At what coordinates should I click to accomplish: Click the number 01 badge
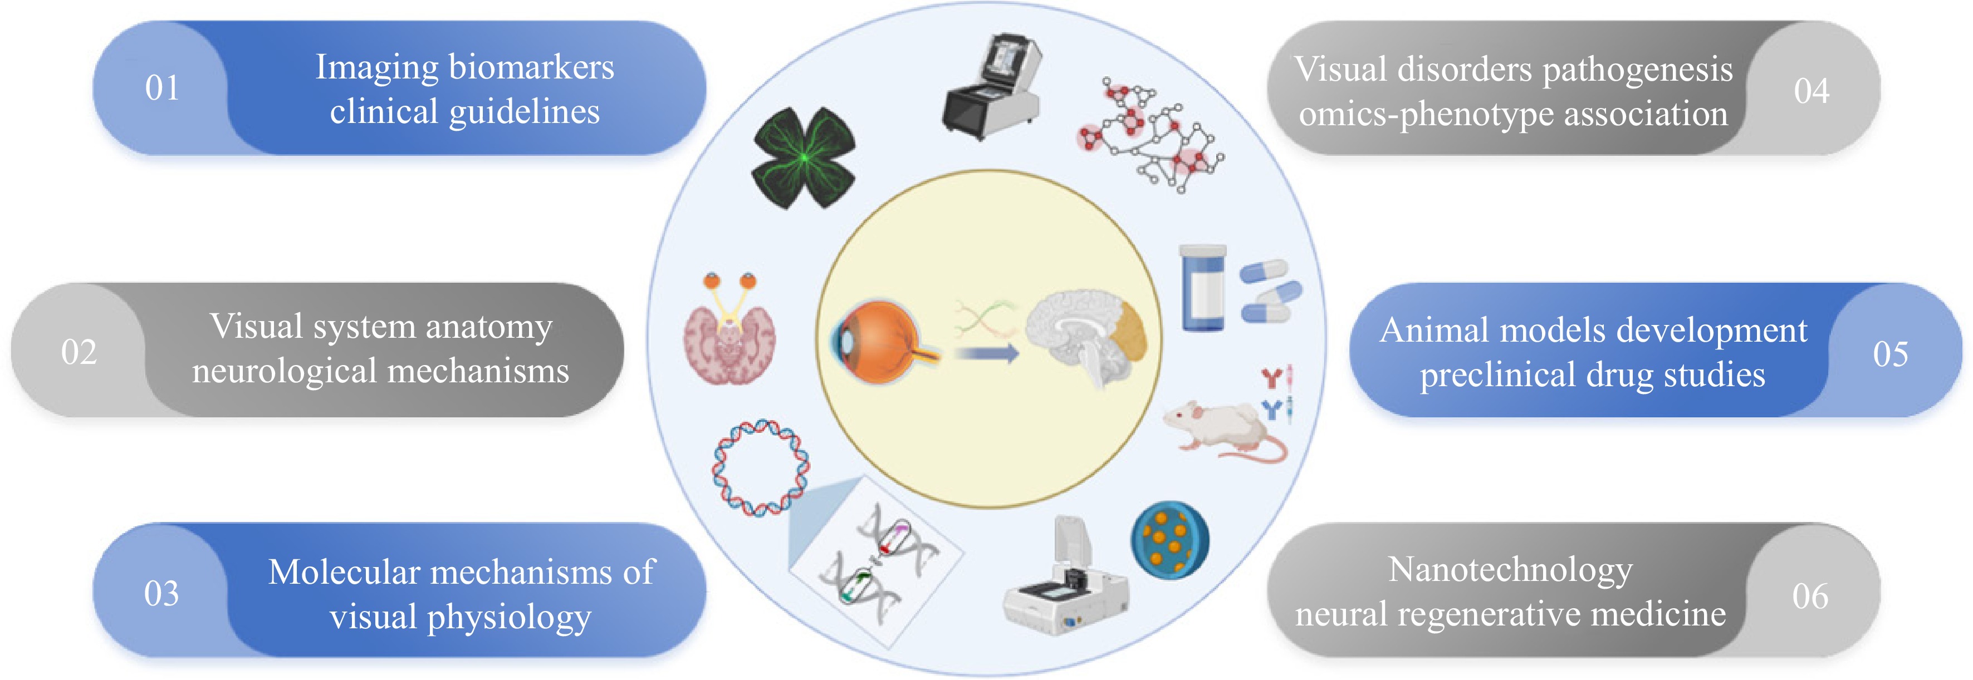point(161,88)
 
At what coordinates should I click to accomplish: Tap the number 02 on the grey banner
point(79,352)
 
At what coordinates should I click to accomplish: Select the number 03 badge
point(161,593)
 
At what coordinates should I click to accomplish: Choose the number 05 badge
point(1890,354)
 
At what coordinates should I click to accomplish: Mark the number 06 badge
point(1810,597)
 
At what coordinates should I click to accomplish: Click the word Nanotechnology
point(1510,570)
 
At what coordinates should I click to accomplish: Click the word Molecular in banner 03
point(344,572)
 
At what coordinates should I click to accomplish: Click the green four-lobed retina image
point(804,157)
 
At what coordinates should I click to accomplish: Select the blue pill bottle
point(1202,287)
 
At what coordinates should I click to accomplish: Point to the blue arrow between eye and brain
point(987,353)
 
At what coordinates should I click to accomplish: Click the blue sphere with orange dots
point(1169,539)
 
